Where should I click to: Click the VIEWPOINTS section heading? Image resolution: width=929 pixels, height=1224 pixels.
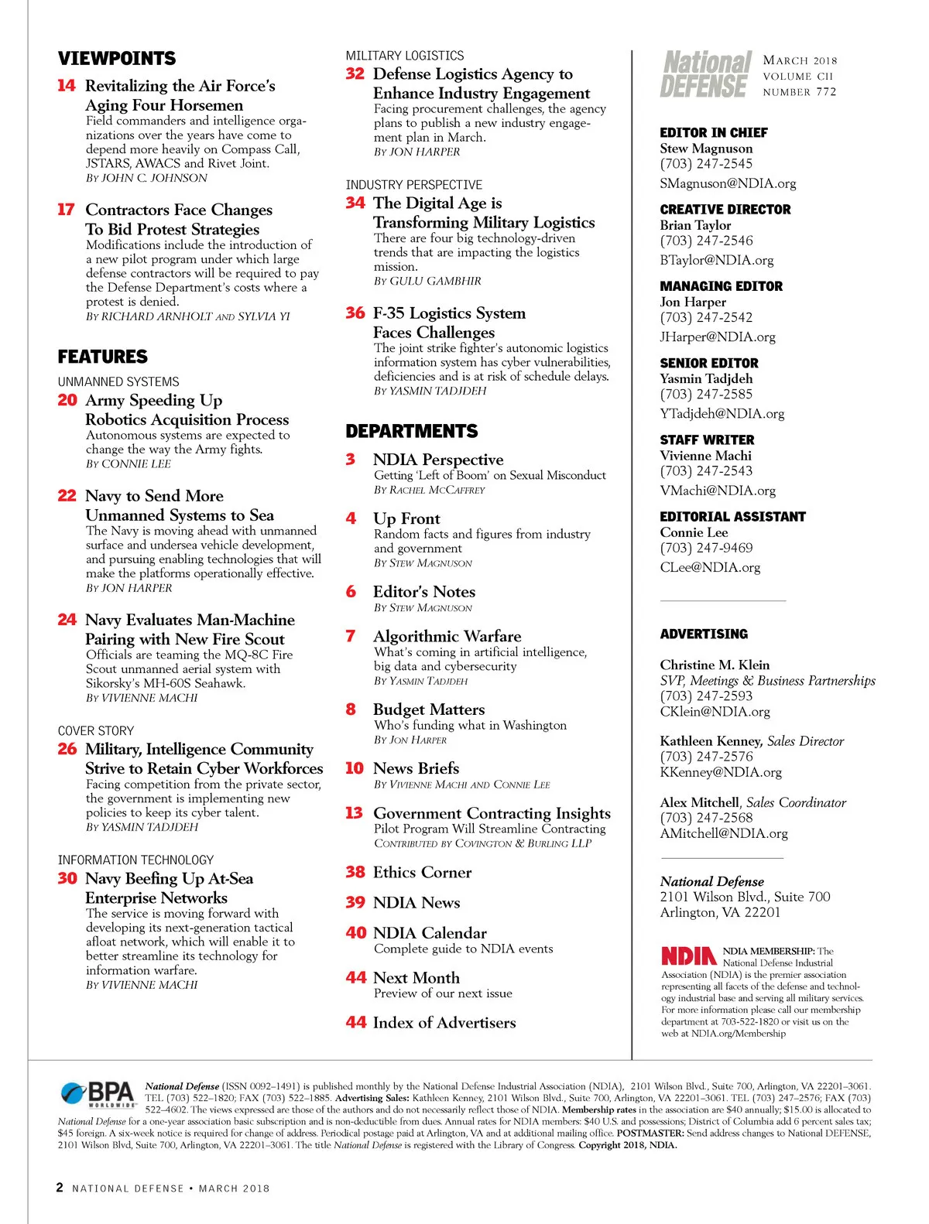(x=117, y=59)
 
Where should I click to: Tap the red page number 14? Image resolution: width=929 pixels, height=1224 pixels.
(x=67, y=85)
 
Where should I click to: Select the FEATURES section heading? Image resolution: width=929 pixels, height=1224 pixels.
(x=102, y=357)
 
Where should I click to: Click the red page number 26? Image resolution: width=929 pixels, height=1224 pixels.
(x=67, y=749)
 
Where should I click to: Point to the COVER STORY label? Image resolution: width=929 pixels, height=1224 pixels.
(x=96, y=731)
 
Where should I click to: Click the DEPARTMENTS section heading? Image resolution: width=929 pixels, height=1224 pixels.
(x=412, y=431)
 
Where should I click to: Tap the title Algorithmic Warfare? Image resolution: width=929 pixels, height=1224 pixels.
(x=447, y=636)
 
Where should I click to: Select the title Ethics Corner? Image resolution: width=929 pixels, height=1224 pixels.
(x=422, y=872)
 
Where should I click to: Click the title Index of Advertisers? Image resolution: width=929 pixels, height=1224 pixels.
(x=444, y=1022)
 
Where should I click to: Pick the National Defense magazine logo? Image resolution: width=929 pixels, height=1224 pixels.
(x=706, y=74)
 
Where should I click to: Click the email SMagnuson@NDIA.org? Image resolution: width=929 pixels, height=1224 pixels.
(x=728, y=183)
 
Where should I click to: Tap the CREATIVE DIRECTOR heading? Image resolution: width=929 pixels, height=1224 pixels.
(x=725, y=210)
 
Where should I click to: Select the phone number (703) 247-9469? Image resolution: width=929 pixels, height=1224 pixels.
(x=706, y=548)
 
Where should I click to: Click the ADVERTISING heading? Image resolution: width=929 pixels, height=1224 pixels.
(x=704, y=634)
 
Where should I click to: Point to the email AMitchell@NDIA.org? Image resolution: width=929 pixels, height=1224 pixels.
(x=724, y=833)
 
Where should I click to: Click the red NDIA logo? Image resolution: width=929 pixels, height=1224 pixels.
(x=688, y=956)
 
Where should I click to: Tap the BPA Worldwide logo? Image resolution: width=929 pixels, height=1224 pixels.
(x=98, y=1094)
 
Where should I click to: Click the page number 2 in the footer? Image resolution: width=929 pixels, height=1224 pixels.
(x=60, y=1188)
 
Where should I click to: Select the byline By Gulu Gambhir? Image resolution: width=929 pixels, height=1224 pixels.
(x=427, y=281)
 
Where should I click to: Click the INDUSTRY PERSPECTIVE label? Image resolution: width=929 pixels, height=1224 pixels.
(x=414, y=185)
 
